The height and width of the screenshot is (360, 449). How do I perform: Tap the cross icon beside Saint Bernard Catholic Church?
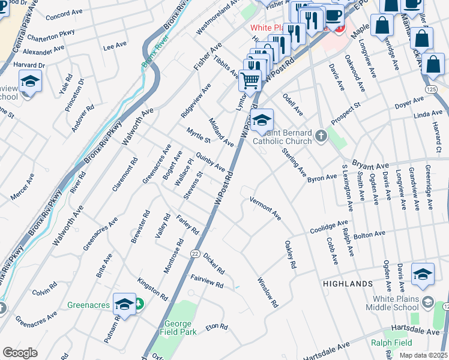(x=321, y=136)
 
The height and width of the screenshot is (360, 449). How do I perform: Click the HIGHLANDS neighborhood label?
(x=348, y=283)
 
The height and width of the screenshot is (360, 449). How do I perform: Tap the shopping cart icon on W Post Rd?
(x=250, y=79)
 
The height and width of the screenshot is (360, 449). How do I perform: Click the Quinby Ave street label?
(x=210, y=161)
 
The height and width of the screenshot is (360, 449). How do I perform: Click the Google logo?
(x=20, y=353)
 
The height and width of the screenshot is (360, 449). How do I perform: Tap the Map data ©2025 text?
(x=423, y=355)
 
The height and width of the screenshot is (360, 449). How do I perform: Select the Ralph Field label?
(x=408, y=343)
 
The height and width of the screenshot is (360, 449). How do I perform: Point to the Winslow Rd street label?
(x=268, y=292)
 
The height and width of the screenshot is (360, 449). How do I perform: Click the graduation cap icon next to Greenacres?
(x=124, y=305)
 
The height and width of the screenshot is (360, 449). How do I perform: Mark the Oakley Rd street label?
(x=291, y=255)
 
